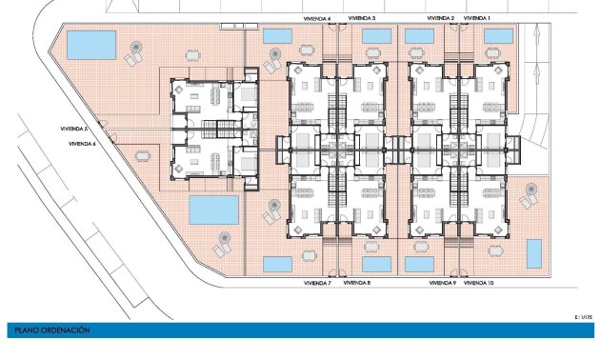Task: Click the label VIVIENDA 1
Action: tap(476, 17)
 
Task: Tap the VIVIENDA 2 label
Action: tap(440, 17)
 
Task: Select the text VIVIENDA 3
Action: tap(361, 17)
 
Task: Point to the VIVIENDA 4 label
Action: tap(317, 18)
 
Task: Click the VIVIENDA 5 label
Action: tap(73, 128)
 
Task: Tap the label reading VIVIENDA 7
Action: tap(317, 283)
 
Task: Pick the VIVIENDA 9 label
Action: tap(443, 283)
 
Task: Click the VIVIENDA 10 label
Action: tap(478, 283)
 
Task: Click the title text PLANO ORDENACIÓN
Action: tap(51, 330)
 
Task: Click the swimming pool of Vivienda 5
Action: tap(91, 44)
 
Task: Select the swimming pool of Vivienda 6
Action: tap(213, 209)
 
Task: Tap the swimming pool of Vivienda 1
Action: tap(499, 36)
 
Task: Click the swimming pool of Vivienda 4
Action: tap(276, 36)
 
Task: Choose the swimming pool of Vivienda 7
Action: tap(276, 263)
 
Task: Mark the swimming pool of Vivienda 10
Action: tap(533, 253)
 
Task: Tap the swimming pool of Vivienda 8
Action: tap(378, 263)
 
